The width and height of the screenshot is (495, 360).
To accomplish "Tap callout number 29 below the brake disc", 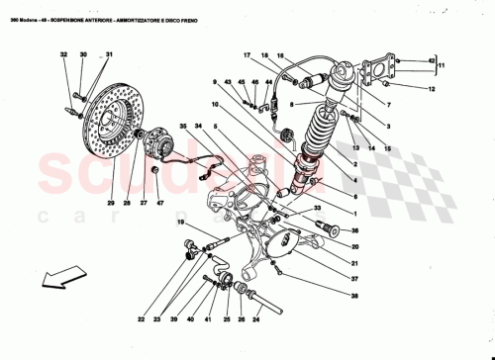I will (x=111, y=204).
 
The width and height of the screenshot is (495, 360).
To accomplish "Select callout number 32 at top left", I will (x=62, y=55).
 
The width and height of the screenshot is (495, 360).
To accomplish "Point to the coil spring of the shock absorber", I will (x=318, y=133).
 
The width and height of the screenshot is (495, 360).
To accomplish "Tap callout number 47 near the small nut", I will (x=158, y=204).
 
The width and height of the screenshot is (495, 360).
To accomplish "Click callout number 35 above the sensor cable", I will (x=183, y=127).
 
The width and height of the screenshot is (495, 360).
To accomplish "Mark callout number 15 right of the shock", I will (x=388, y=148).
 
